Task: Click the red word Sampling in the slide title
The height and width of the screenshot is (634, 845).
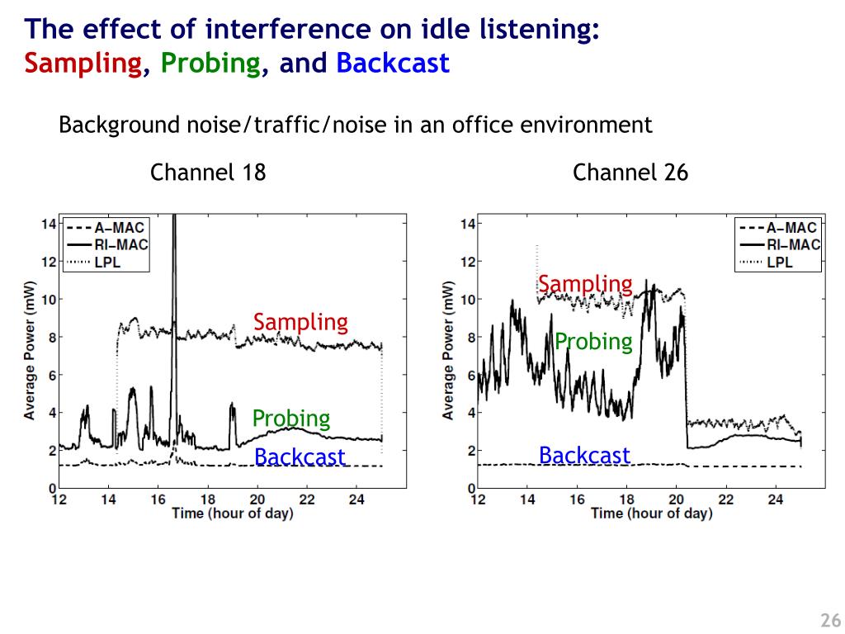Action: point(83,64)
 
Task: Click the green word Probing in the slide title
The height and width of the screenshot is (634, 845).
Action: point(210,64)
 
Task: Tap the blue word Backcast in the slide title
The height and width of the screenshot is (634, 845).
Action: point(392,64)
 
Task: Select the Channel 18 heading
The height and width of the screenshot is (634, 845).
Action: point(208,173)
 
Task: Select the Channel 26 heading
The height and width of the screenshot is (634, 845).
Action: point(630,173)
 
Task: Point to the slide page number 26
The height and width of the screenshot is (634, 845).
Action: point(829,621)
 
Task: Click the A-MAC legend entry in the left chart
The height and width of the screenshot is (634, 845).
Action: point(118,227)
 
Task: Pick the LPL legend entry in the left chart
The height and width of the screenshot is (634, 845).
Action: point(108,262)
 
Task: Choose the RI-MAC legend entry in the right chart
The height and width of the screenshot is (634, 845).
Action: point(792,244)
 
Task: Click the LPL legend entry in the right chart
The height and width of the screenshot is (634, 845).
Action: point(780,262)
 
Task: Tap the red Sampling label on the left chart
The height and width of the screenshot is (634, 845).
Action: point(300,322)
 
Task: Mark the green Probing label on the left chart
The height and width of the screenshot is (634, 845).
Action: point(291,419)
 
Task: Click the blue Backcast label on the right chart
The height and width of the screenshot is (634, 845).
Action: point(584,455)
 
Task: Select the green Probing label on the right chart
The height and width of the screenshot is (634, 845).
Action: point(593,342)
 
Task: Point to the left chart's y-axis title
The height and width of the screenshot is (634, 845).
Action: point(29,349)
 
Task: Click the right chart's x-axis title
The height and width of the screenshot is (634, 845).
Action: point(651,513)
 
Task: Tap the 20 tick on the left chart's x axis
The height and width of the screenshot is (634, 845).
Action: point(257,499)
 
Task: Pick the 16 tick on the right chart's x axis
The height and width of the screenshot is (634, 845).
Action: point(577,499)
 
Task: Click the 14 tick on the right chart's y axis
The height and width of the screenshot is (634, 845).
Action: point(467,225)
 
